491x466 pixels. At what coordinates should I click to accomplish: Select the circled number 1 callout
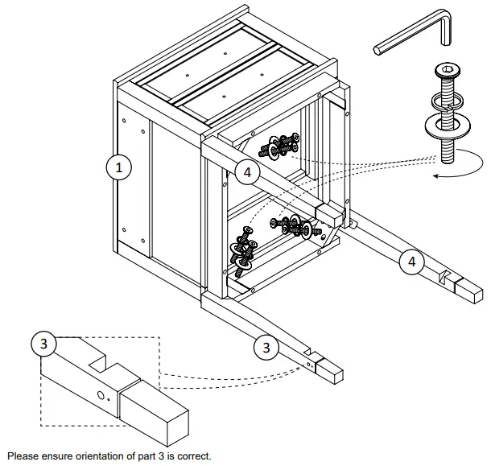click(119, 168)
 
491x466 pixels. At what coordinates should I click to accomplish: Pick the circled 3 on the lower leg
click(266, 348)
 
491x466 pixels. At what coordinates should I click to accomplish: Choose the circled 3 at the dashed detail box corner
click(43, 344)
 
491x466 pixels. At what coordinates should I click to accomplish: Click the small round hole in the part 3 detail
click(100, 396)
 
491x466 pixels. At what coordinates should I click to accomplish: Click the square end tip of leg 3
click(330, 371)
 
